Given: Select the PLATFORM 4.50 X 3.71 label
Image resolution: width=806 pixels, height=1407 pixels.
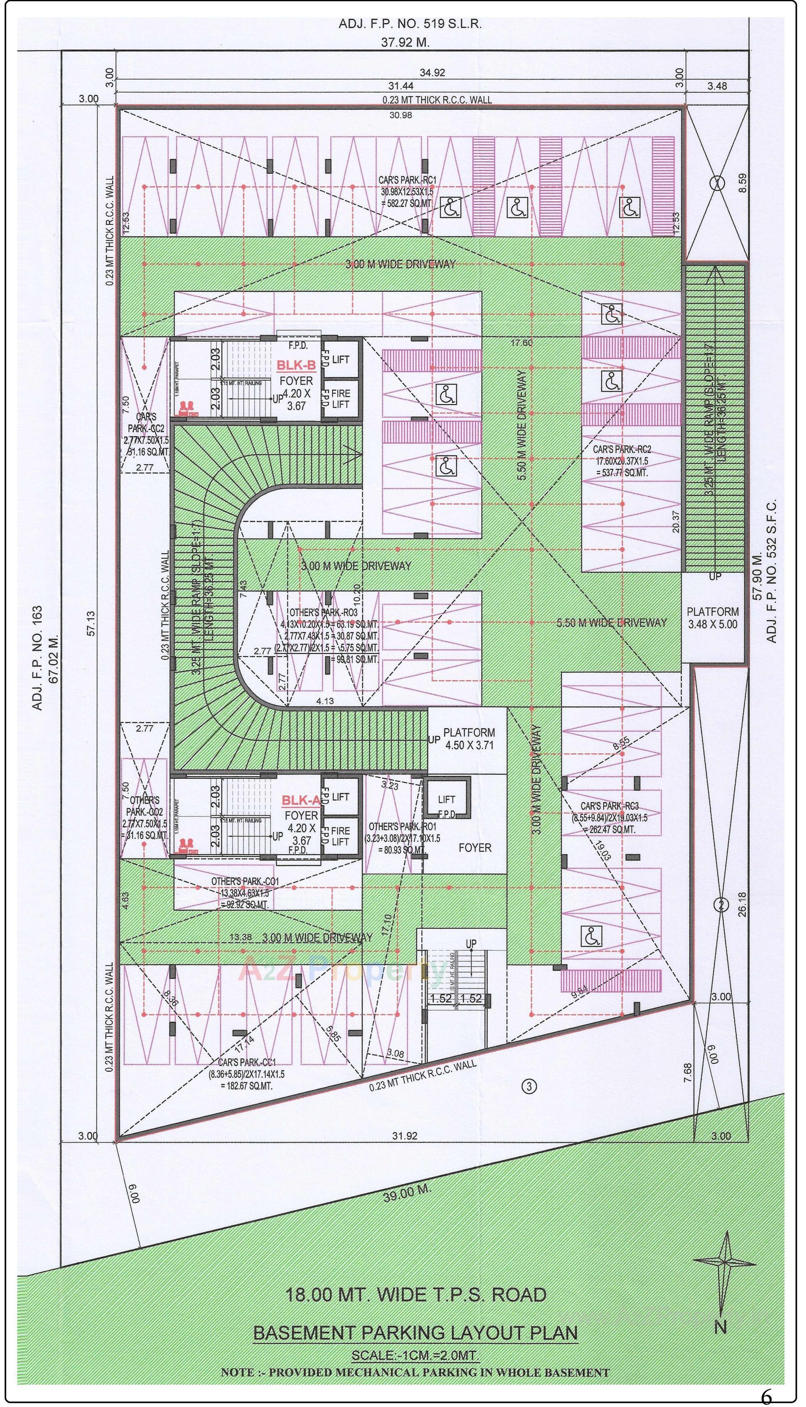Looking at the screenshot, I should (x=468, y=739).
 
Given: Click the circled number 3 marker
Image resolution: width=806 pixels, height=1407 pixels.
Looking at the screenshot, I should (x=529, y=1087).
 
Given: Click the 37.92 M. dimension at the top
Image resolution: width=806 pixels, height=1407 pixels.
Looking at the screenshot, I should (x=405, y=42).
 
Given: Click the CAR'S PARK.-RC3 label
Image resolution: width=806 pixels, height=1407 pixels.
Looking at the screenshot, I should (x=609, y=806).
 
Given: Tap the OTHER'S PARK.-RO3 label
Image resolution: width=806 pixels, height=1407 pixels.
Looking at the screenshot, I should (x=323, y=613).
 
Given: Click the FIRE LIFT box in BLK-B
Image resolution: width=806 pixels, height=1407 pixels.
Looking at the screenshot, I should (x=340, y=398).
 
